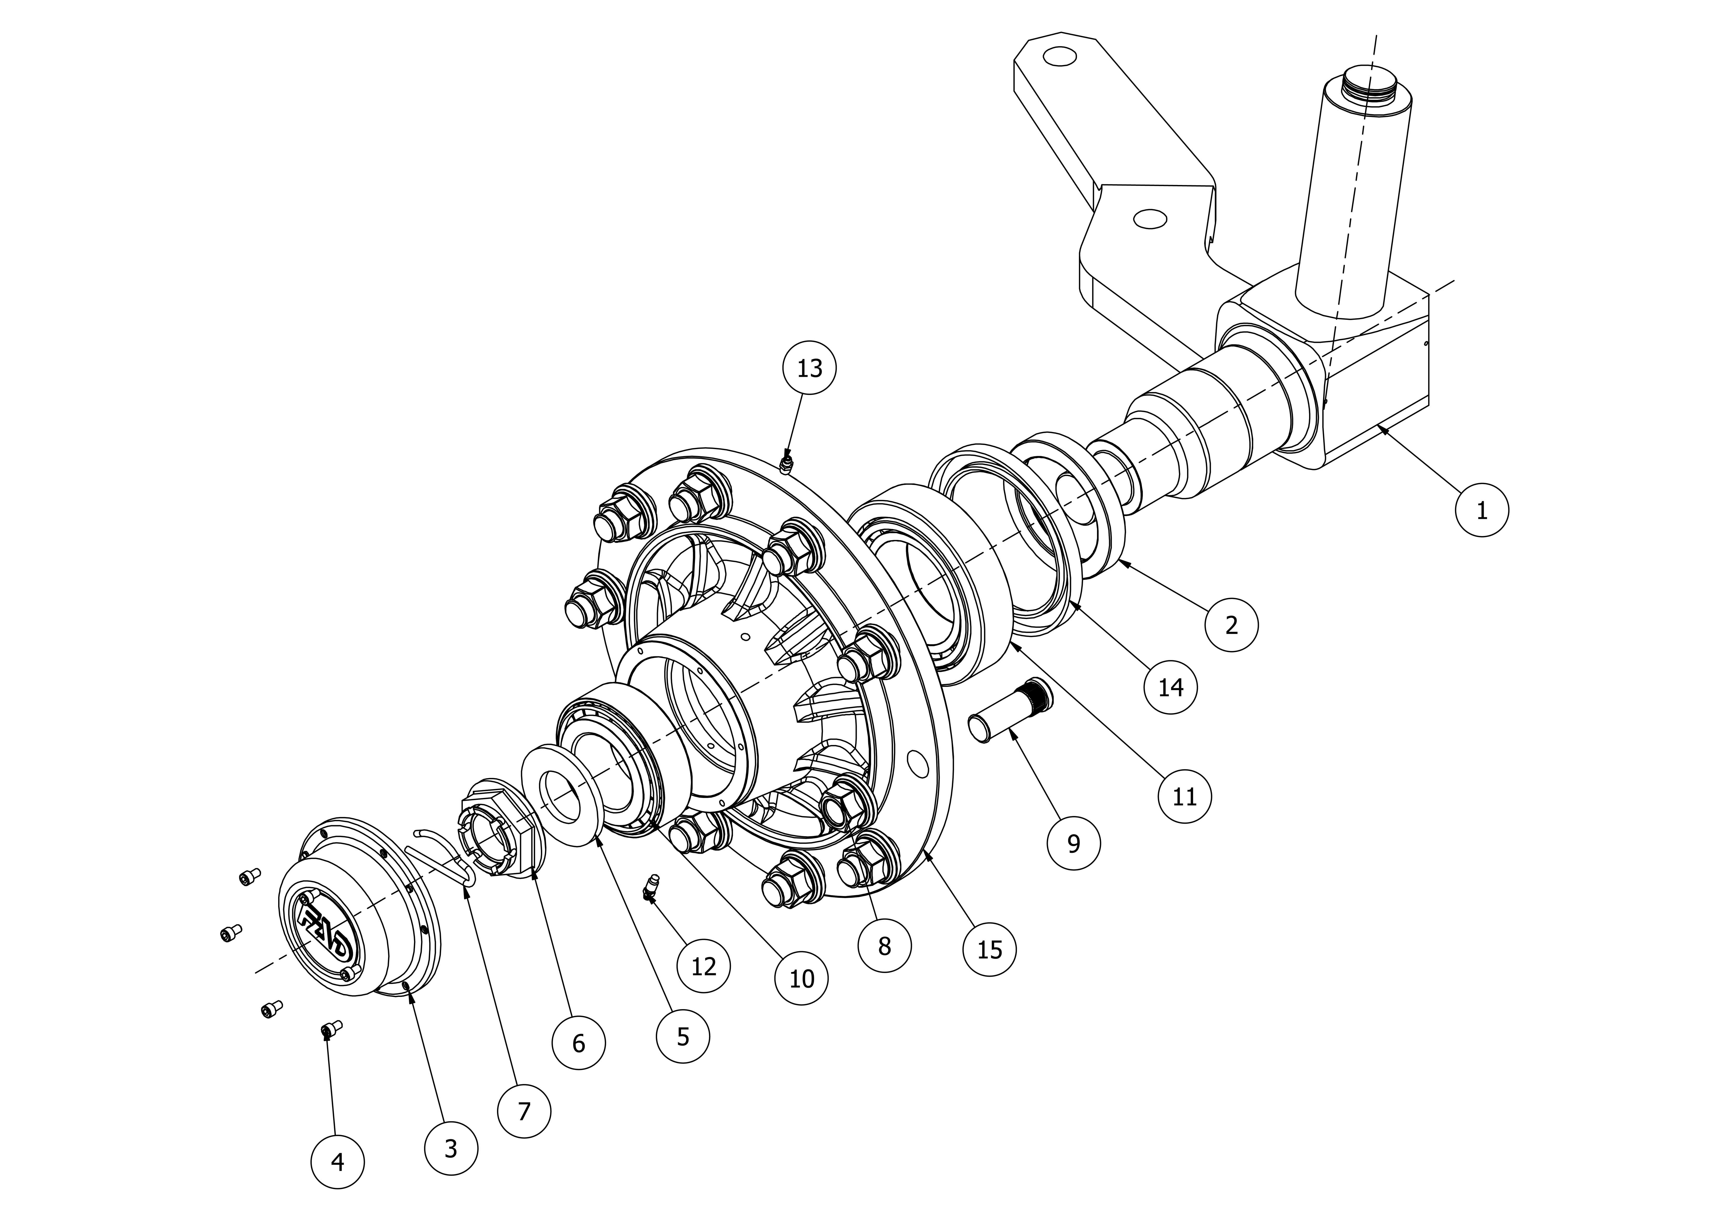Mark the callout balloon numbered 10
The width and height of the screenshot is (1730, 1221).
point(802,978)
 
